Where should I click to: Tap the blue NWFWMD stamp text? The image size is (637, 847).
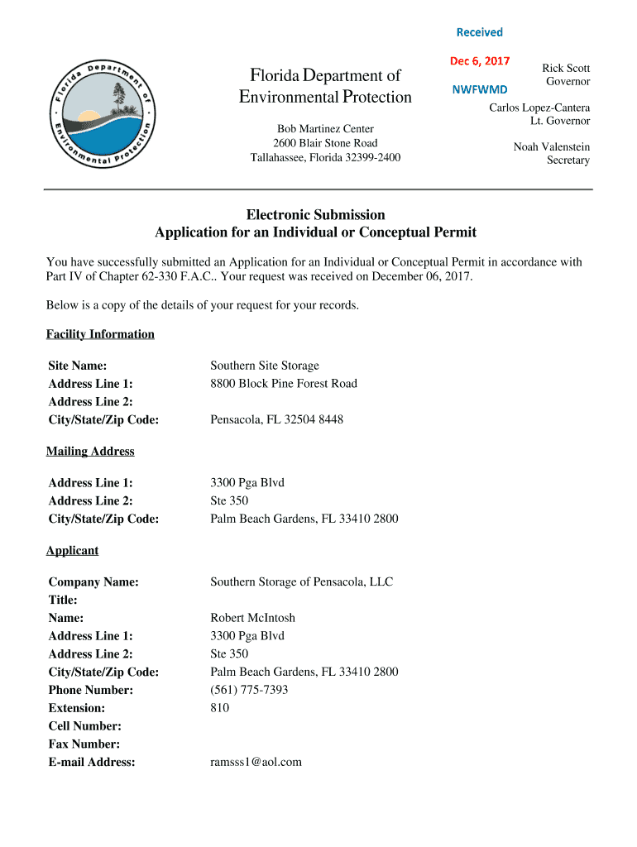click(x=480, y=88)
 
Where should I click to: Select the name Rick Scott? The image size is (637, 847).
click(x=566, y=68)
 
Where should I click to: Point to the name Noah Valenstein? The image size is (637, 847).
click(x=552, y=146)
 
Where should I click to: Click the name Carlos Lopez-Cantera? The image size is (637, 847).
click(x=539, y=108)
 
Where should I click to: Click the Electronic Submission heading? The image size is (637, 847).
click(x=315, y=214)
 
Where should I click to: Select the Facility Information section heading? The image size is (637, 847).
click(x=100, y=334)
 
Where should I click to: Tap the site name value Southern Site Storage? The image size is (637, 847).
click(x=265, y=366)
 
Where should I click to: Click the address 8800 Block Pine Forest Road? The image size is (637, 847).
click(x=284, y=384)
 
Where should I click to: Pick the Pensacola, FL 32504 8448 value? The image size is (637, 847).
click(x=276, y=419)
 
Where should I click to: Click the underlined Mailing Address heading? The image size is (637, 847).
click(x=90, y=451)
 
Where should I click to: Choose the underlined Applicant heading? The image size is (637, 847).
click(x=72, y=550)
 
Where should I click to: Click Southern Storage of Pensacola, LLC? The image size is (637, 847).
click(x=301, y=581)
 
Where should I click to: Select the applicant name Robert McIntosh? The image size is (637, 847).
click(x=252, y=618)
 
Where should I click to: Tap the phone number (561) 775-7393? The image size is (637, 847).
click(x=249, y=690)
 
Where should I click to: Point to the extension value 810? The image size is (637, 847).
click(x=220, y=708)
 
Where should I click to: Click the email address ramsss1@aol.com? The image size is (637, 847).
click(x=256, y=762)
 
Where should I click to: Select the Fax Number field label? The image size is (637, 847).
click(x=84, y=744)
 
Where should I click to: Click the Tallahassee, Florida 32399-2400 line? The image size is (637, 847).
click(x=325, y=157)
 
